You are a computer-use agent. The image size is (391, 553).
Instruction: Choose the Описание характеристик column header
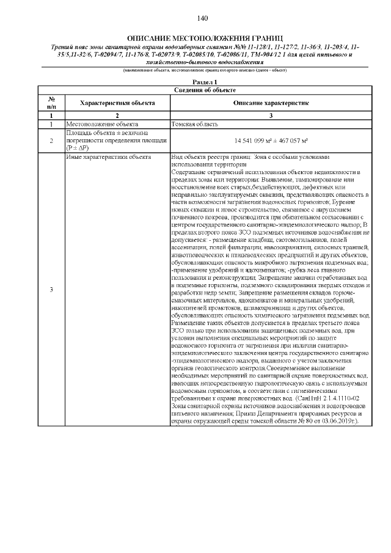tap(271, 103)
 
